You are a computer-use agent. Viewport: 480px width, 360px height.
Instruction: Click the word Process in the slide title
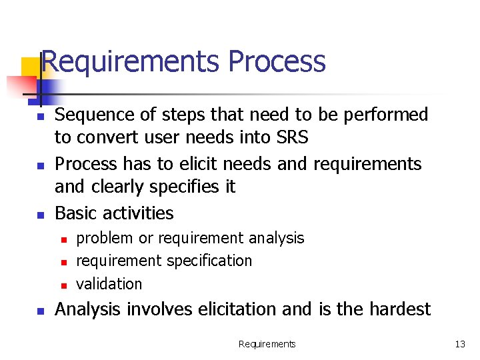point(277,61)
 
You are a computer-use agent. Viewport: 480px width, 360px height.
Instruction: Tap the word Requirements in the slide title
point(130,61)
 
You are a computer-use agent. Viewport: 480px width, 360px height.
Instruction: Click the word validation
point(109,284)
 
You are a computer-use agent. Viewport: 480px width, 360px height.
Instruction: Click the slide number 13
point(460,344)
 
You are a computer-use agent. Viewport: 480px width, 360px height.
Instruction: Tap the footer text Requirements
point(267,344)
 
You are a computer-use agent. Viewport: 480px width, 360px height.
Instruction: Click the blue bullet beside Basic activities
point(40,215)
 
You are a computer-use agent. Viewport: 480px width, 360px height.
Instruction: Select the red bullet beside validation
point(63,285)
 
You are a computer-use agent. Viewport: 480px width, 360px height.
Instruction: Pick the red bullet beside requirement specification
point(63,262)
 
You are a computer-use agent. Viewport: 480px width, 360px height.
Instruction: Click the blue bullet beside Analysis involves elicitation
point(40,311)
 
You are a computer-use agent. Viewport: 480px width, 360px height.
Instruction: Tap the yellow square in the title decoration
point(30,68)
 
